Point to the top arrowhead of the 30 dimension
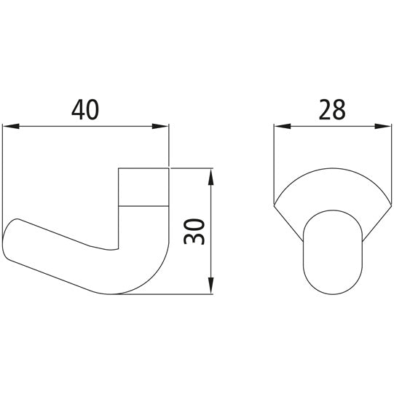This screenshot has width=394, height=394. click(210, 175)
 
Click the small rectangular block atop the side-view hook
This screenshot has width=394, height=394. click(143, 187)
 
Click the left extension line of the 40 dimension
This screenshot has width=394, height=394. click(4, 182)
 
